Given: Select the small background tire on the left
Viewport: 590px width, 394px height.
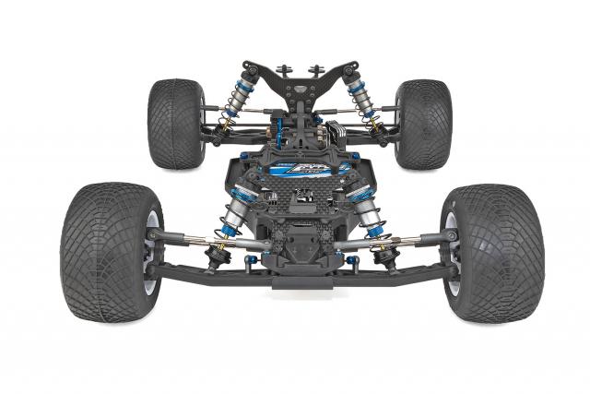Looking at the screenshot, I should click(175, 124).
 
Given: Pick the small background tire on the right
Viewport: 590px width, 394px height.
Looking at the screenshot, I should click(422, 124).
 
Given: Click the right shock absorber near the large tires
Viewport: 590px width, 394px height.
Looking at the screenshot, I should click(366, 212).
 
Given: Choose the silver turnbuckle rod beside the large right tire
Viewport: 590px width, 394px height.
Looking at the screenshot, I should click(410, 241).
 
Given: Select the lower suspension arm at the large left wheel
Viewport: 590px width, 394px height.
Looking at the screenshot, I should click(203, 271).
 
